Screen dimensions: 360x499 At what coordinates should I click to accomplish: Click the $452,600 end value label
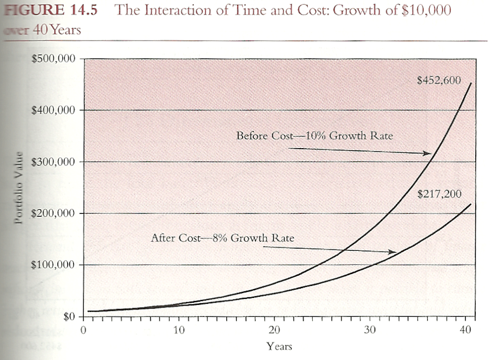click(439, 81)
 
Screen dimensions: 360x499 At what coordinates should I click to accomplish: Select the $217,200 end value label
click(440, 193)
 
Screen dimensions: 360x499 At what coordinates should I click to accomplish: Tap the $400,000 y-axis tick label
click(53, 110)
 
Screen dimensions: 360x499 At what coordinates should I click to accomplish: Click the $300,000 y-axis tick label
click(53, 162)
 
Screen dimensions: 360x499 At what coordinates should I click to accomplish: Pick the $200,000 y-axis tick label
click(53, 214)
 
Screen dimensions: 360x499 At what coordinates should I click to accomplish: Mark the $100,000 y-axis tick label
click(53, 265)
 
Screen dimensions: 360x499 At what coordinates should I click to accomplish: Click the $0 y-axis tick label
click(67, 316)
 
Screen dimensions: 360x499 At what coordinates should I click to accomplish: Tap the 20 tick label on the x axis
click(274, 330)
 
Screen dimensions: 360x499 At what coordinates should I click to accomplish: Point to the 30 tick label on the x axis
click(369, 330)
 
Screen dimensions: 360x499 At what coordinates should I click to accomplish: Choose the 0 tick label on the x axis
click(84, 330)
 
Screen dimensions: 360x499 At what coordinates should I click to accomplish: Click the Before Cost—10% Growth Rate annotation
click(314, 135)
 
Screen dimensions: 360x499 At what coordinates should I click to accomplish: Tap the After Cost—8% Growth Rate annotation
click(222, 237)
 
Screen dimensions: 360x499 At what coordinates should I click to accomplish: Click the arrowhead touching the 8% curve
click(393, 252)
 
